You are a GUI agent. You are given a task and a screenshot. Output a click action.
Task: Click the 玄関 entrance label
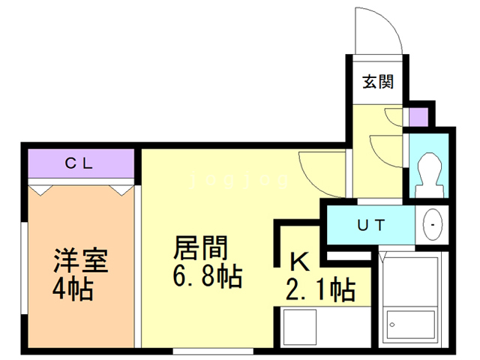(377, 82)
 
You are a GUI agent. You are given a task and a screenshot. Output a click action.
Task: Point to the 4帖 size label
(73, 289)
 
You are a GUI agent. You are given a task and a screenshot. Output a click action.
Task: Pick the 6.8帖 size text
(206, 277)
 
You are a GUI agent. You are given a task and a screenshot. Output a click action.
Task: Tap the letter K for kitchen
(300, 262)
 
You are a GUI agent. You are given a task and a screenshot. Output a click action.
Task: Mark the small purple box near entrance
(417, 116)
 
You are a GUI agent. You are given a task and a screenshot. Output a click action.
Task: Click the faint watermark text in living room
(240, 182)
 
